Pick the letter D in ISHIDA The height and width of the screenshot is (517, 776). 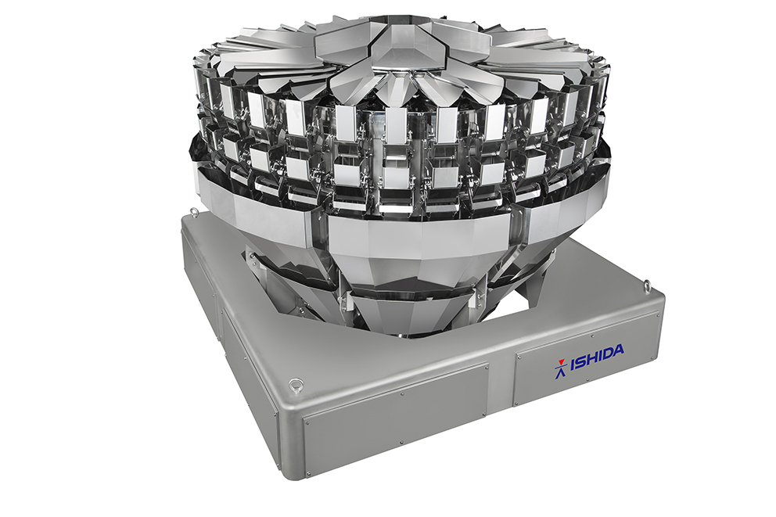(x=608, y=354)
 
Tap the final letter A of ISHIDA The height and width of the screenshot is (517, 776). (x=619, y=350)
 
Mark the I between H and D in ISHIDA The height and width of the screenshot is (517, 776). (x=600, y=356)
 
